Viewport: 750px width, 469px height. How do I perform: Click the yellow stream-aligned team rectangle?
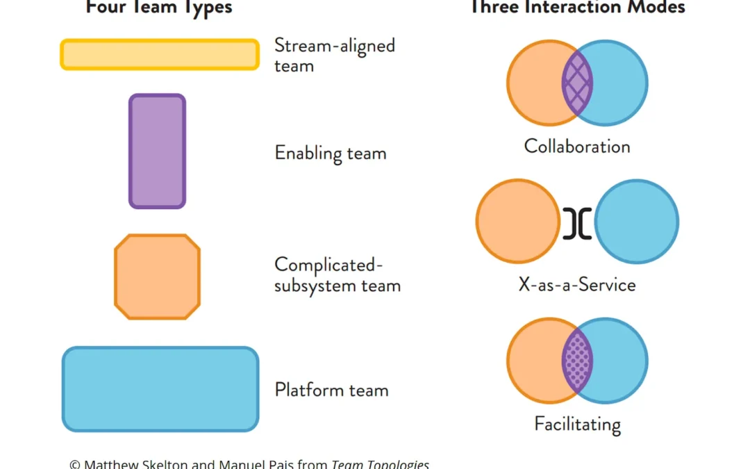160,55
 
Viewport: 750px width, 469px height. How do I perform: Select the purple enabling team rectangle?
158,151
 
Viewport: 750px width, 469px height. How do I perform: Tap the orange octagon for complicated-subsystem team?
158,277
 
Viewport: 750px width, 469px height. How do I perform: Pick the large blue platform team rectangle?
160,389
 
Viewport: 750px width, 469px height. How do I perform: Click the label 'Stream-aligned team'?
335,56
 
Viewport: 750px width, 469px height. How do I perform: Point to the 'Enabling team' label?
331,153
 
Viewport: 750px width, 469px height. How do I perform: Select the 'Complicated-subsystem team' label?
337,275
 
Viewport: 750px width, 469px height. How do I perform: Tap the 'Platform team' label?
331,390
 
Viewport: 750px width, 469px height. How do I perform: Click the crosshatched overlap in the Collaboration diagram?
577,83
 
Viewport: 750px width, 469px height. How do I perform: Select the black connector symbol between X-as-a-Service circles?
577,222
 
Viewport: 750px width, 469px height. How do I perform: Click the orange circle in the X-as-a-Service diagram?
518,222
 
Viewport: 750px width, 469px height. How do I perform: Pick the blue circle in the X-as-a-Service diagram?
637,222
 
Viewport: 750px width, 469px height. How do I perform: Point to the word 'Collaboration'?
577,147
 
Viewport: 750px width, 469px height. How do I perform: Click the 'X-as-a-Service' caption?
577,285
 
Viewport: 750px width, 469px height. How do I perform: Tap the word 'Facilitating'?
577,424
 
